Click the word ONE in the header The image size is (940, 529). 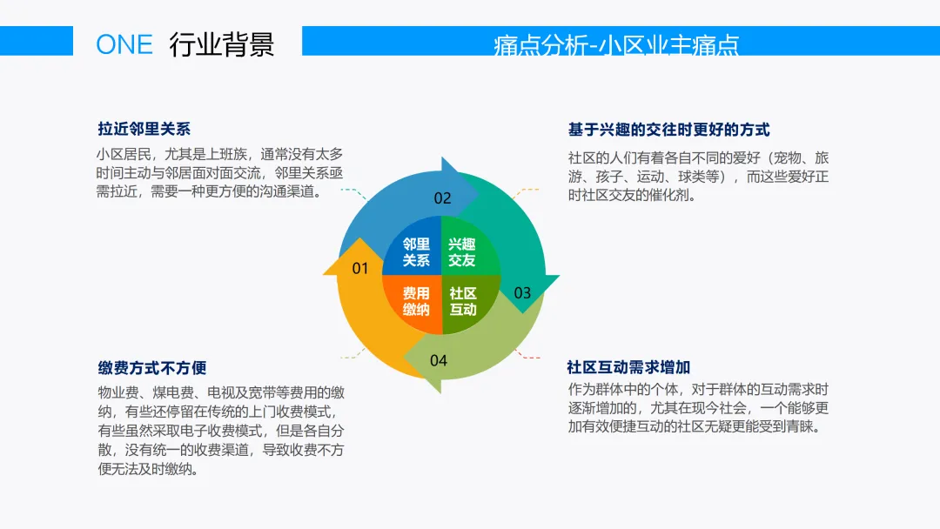124,44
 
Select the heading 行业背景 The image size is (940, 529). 222,44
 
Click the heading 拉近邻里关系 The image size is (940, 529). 144,129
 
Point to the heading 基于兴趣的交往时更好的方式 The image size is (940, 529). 668,130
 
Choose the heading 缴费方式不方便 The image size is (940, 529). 151,368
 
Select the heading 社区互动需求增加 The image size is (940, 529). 628,367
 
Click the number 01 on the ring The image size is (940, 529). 360,268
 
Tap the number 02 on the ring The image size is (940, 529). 443,198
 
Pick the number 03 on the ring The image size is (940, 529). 522,292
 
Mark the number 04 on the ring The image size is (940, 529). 439,360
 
